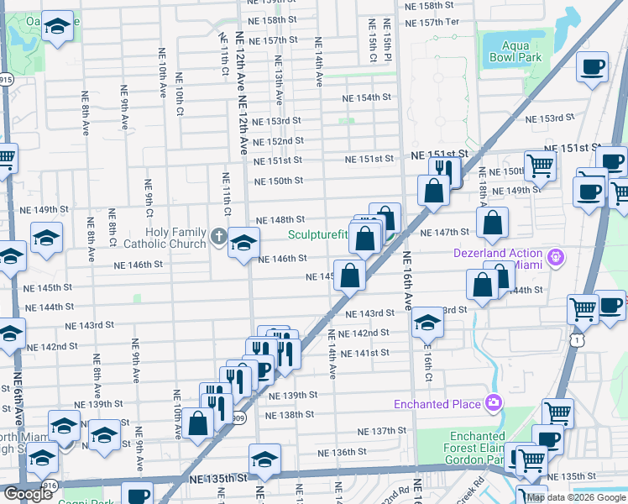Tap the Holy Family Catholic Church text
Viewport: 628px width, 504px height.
coord(175,239)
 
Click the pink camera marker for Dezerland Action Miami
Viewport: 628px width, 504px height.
coord(553,255)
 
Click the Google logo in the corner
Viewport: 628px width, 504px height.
coord(28,494)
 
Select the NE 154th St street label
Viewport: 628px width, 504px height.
coord(367,97)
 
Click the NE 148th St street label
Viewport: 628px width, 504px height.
coord(274,219)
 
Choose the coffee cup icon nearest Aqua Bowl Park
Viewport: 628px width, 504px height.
coord(593,66)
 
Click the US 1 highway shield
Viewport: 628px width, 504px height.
coord(575,339)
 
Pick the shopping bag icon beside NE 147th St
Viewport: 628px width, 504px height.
coord(492,223)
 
